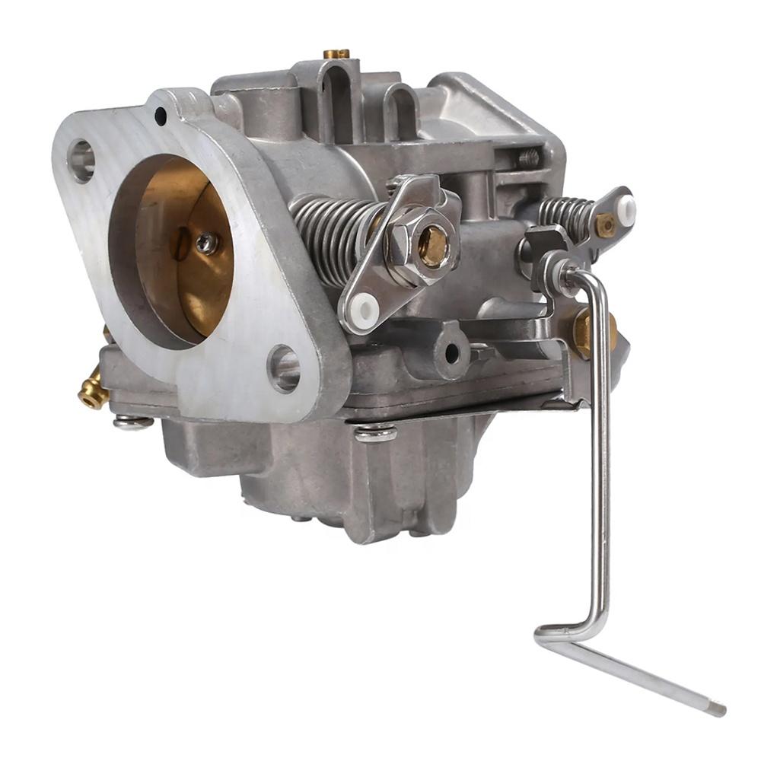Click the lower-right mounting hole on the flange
(283, 368)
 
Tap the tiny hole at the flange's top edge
(161, 116)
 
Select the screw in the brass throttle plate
(205, 243)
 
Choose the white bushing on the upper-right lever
(626, 209)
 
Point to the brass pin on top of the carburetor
(336, 54)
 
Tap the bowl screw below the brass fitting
(132, 421)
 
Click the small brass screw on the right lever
(605, 224)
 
